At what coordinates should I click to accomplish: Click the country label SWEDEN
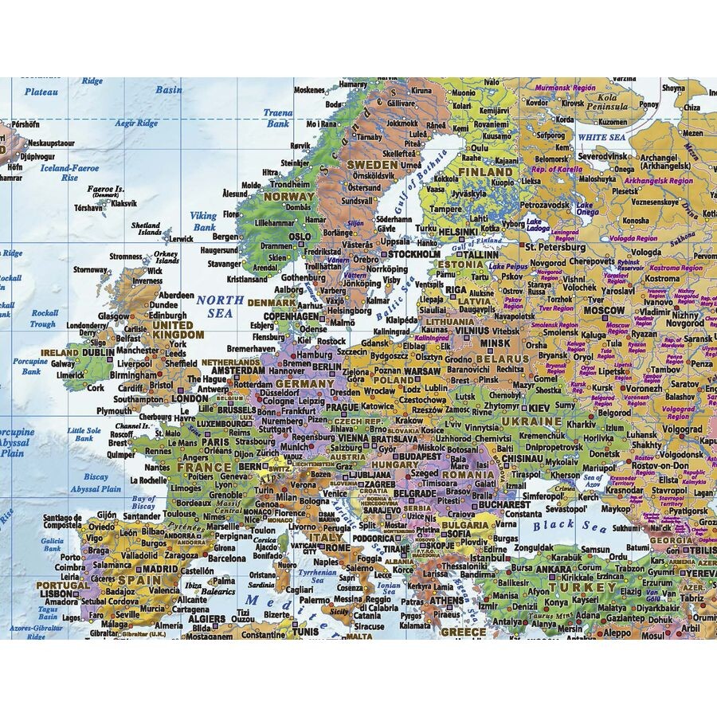(x=370, y=165)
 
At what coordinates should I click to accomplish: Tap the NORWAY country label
(x=289, y=197)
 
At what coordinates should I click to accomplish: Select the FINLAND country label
(x=485, y=171)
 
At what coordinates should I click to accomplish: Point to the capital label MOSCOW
(x=604, y=310)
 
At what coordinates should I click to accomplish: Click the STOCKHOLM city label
(x=413, y=254)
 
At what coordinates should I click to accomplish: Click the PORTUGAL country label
(x=63, y=585)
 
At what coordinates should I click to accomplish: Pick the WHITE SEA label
(x=601, y=137)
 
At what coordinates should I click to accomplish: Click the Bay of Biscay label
(x=143, y=503)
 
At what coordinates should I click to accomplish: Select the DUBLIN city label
(x=98, y=352)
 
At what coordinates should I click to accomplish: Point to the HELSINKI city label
(x=457, y=232)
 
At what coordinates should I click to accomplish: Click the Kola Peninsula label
(x=607, y=102)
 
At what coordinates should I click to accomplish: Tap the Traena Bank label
(x=278, y=119)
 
